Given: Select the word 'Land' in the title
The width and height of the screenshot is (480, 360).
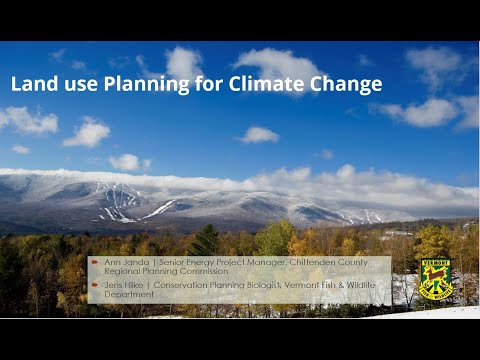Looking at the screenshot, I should pyautogui.click(x=32, y=84).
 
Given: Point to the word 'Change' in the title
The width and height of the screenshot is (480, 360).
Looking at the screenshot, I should pyautogui.click(x=351, y=84).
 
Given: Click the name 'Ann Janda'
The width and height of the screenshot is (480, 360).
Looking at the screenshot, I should pyautogui.click(x=125, y=262).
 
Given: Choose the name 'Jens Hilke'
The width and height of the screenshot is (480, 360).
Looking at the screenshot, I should pyautogui.click(x=125, y=283).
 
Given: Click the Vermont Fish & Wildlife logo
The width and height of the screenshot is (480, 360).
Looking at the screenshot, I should pyautogui.click(x=435, y=279).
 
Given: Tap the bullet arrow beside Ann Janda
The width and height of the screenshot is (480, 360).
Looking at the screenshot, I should pyautogui.click(x=96, y=262).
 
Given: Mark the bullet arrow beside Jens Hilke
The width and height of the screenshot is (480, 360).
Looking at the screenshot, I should pyautogui.click(x=96, y=283).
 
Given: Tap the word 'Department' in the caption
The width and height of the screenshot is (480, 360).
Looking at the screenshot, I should pyautogui.click(x=129, y=294).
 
